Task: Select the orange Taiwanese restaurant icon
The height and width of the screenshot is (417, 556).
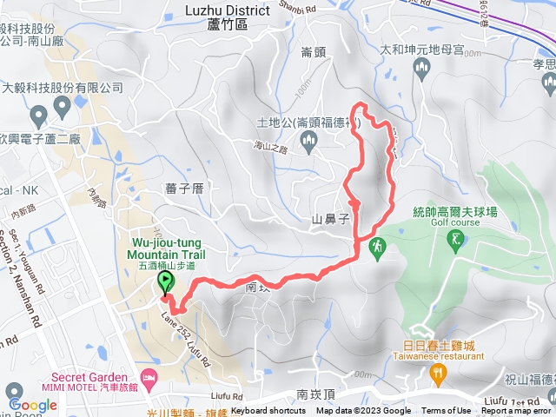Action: (x=438, y=374)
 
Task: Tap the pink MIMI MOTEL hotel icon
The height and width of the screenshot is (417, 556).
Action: (x=149, y=377)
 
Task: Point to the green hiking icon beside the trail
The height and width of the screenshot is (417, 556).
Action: (x=376, y=248)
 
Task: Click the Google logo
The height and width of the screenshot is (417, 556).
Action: (x=32, y=405)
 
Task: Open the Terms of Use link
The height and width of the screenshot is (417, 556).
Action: (x=446, y=411)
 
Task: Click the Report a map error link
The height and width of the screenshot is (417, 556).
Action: (x=516, y=411)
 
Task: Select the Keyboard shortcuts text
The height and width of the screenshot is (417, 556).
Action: (x=268, y=411)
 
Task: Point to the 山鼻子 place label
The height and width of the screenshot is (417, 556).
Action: (x=329, y=220)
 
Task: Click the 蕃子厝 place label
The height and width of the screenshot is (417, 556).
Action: (x=183, y=186)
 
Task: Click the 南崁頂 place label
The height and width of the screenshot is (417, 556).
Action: (x=314, y=394)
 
